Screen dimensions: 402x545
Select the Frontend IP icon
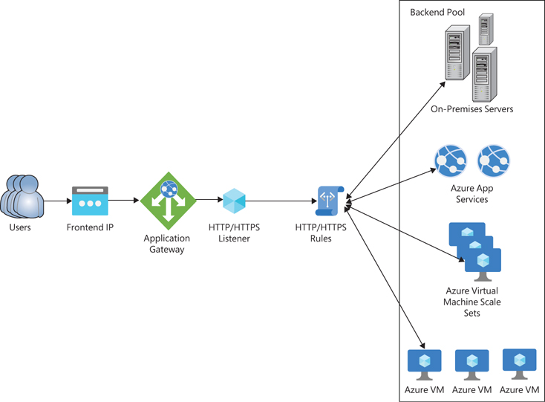coord(90,201)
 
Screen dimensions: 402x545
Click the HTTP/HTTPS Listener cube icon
coord(234,201)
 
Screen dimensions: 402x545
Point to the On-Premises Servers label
coord(471,109)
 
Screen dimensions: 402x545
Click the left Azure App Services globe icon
coord(450,160)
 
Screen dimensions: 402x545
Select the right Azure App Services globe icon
coord(494,160)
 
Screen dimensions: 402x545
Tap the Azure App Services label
coord(471,193)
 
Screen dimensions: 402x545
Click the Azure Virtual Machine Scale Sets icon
coord(475,248)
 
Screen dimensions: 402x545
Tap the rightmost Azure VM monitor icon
coord(520,362)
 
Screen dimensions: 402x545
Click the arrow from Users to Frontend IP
coord(56,201)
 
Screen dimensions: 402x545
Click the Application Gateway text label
coord(166,244)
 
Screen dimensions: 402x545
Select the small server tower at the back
coord(486,29)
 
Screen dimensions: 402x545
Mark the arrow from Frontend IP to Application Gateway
coord(124,201)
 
